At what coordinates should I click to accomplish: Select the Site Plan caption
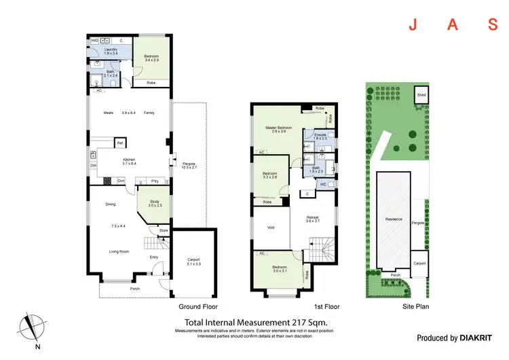[x=415, y=306]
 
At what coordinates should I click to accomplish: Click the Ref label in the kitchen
[x=119, y=143]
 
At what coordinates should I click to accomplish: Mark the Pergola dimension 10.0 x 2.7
[x=188, y=167]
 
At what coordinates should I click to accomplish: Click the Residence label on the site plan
[x=394, y=219]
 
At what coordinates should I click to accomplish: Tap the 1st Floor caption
[x=326, y=306]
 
